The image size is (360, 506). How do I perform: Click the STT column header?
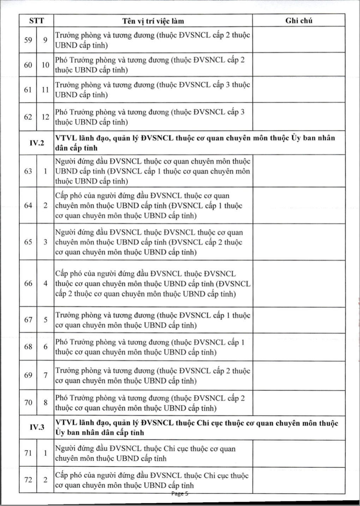(36, 20)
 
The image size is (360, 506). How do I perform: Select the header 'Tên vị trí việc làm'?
(153, 21)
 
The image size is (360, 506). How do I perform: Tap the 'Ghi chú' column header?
(299, 20)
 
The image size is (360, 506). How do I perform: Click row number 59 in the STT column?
(28, 40)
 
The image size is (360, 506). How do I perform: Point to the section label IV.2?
(37, 143)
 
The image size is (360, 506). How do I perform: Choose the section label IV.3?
(37, 427)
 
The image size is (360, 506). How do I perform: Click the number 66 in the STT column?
(28, 283)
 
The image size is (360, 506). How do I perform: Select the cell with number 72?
(28, 480)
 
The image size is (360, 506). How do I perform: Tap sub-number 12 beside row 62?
(45, 117)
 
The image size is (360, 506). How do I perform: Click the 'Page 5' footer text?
(180, 494)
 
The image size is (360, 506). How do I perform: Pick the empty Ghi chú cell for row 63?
(299, 171)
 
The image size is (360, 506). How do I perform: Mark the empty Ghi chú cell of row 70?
(299, 403)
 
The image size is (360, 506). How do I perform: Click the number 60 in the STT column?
(28, 65)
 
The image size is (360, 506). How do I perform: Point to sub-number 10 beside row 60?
(45, 65)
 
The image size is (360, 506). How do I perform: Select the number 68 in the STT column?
(28, 347)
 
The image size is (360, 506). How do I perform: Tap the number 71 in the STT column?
(28, 453)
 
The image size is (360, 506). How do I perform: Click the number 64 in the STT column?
(28, 205)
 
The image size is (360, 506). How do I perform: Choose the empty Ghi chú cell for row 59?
(299, 40)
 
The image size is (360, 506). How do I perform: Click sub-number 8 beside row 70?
(45, 403)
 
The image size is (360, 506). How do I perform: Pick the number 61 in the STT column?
(28, 90)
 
